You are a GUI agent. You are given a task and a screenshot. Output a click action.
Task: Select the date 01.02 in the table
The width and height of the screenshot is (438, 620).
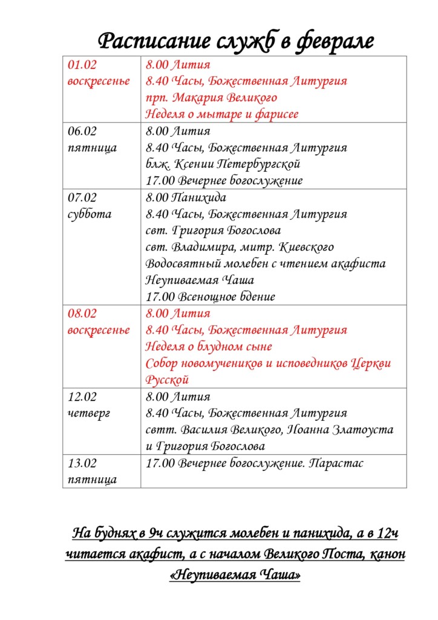point(82,64)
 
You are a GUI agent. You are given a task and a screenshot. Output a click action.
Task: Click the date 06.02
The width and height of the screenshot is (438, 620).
point(82,131)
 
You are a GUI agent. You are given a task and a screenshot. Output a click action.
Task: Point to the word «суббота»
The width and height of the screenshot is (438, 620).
point(90,214)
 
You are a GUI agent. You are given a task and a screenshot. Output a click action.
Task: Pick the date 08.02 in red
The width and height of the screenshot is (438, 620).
point(82,314)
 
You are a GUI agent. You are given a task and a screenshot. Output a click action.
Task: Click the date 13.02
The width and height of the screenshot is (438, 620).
point(82,463)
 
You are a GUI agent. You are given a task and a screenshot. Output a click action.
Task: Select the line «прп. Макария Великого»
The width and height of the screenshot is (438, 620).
point(211,97)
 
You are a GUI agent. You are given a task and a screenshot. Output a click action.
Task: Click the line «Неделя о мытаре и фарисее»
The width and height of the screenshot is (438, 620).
point(222,114)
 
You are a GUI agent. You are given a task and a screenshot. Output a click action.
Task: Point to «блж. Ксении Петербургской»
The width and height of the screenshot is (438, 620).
point(223,164)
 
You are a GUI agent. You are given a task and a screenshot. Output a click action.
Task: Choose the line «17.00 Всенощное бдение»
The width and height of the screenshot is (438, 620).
point(211,297)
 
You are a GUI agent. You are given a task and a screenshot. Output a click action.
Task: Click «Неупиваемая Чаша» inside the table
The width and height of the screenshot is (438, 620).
point(200,280)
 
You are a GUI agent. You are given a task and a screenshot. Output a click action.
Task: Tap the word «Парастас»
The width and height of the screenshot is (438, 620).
point(336,463)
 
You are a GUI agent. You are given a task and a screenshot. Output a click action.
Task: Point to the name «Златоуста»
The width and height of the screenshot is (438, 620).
point(364,430)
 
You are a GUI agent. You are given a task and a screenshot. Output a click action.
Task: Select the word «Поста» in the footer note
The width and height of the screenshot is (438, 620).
point(341,554)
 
